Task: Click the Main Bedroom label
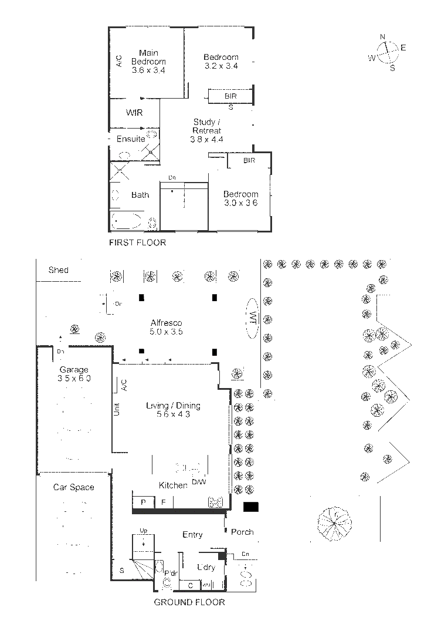[148, 62]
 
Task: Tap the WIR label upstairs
[134, 113]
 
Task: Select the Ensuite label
[130, 139]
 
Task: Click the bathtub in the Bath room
[127, 221]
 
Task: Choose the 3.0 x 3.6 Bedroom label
[240, 198]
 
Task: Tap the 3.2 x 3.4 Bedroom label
[221, 61]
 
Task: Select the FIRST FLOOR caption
[138, 242]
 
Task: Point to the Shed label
[58, 270]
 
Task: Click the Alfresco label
[167, 327]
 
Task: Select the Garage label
[74, 374]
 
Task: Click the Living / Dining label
[173, 410]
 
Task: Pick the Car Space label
[73, 487]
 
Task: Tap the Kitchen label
[173, 485]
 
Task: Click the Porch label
[242, 532]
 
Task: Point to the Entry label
[192, 534]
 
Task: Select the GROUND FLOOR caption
[189, 602]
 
